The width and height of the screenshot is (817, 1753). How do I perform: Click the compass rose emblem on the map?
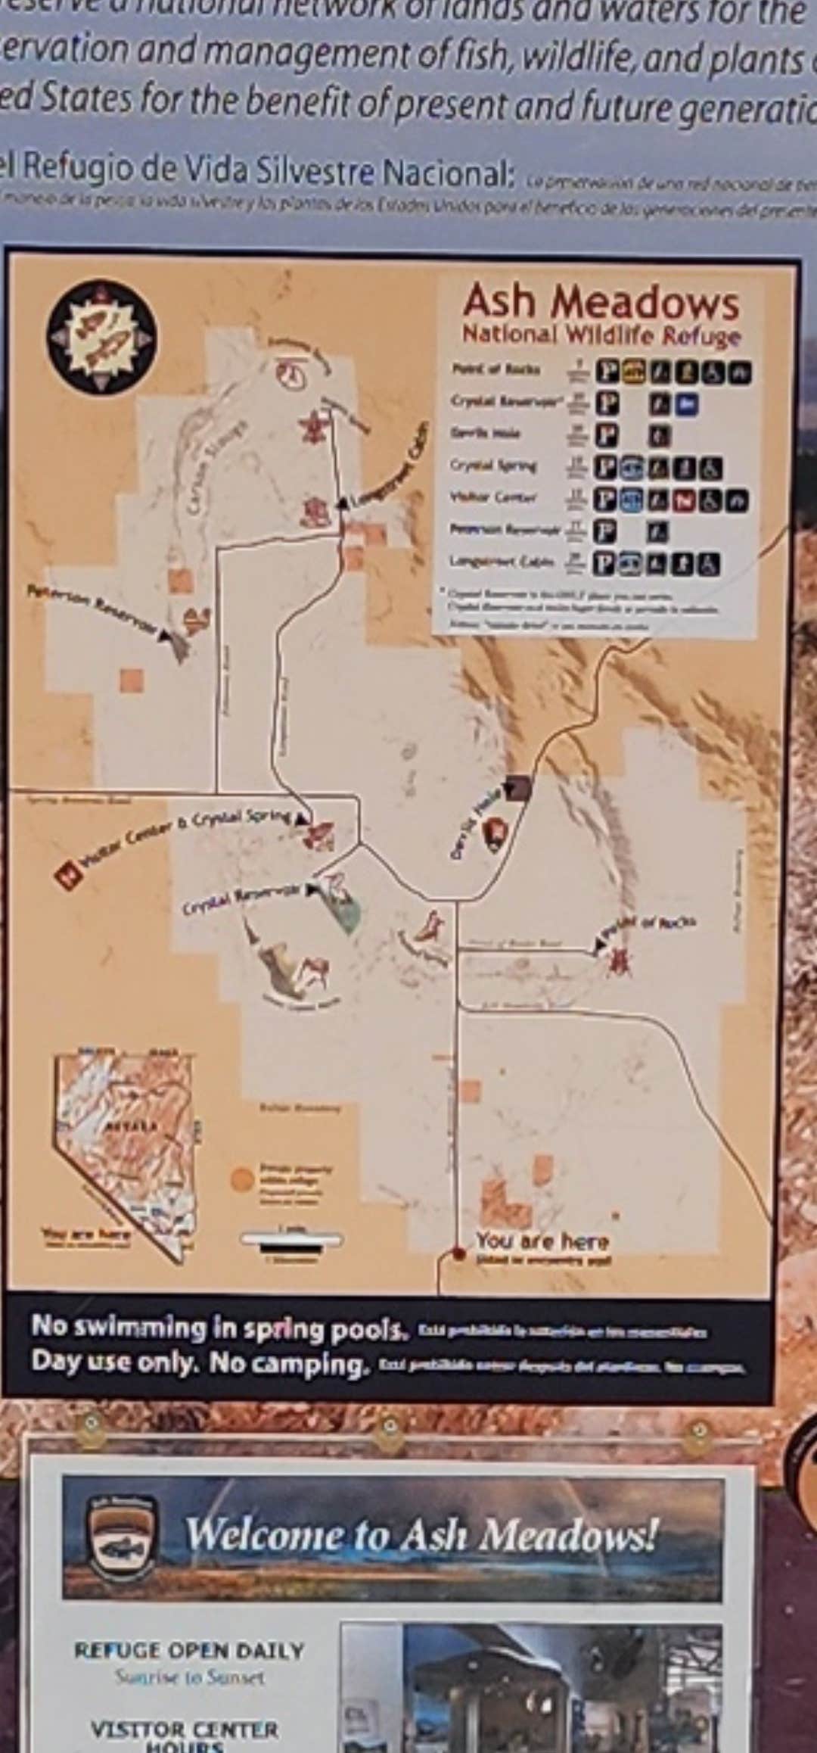[x=101, y=336]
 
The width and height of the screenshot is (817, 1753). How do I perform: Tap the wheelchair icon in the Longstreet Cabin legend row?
[x=709, y=563]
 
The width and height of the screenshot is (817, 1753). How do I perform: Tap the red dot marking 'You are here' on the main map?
[x=458, y=1253]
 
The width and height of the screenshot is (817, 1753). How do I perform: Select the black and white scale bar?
[x=291, y=1239]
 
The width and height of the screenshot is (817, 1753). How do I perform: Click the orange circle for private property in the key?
[x=242, y=1179]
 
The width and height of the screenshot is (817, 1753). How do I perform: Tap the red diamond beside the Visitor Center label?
[x=69, y=875]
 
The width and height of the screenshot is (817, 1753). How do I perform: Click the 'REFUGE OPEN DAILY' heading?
[x=189, y=1650]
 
